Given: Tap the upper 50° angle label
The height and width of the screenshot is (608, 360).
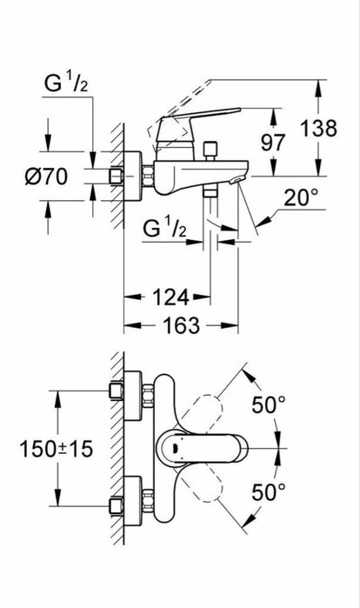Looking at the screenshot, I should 270,404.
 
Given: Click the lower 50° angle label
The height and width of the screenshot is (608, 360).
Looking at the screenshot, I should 270,492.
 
